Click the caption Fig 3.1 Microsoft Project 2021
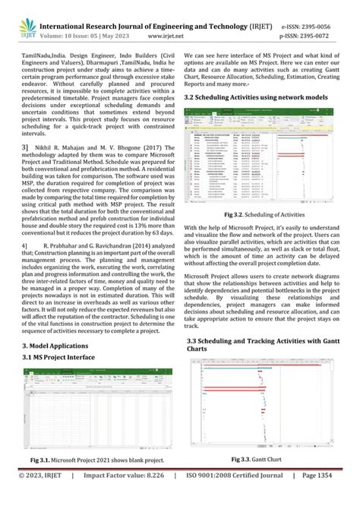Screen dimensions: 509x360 point(97,460)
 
